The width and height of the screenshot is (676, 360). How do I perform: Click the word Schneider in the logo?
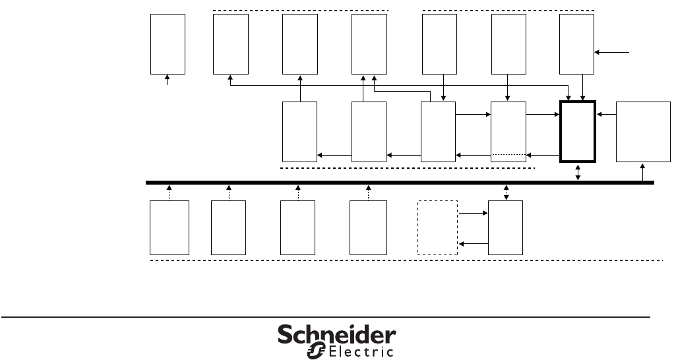pos(336,335)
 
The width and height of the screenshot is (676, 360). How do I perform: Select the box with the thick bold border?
pos(578,131)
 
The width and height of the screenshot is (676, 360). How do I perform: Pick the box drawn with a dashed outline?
pos(437,228)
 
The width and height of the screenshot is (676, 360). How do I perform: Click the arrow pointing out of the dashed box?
pos(473,214)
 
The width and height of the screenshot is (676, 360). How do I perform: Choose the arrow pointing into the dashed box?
pos(473,243)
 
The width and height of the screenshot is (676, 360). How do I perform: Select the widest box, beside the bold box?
pos(643,132)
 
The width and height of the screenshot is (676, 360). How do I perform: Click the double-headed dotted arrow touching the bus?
pos(506,192)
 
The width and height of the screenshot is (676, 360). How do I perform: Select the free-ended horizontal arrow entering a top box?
pos(613,51)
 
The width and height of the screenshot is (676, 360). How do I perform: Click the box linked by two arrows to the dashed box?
pos(505,228)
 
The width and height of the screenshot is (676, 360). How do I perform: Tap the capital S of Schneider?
pos(284,335)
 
